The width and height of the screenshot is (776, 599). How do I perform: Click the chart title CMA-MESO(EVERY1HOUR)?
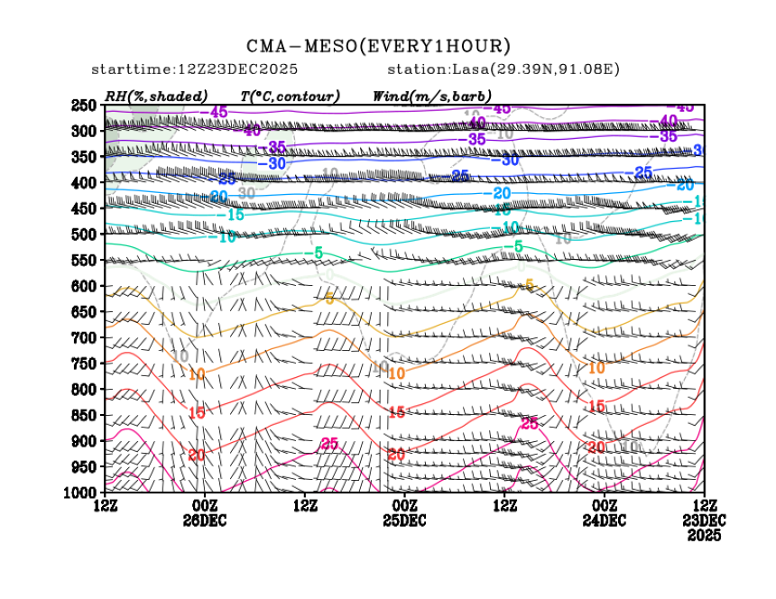pyautogui.click(x=378, y=46)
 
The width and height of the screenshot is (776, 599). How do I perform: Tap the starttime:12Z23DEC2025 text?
pyautogui.click(x=195, y=69)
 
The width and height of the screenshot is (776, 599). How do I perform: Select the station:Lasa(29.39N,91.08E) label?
pyautogui.click(x=503, y=69)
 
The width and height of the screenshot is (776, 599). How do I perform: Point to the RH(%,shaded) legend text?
pyautogui.click(x=156, y=96)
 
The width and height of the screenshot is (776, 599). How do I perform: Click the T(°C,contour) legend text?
pyautogui.click(x=290, y=96)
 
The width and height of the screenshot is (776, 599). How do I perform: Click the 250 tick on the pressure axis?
pyautogui.click(x=85, y=106)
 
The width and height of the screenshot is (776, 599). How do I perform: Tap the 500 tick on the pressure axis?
pyautogui.click(x=85, y=235)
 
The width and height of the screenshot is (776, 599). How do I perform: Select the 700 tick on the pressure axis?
pyautogui.click(x=85, y=338)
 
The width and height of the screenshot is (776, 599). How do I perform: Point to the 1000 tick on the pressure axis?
pyautogui.click(x=81, y=493)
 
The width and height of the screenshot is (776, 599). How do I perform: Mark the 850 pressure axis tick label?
pyautogui.click(x=85, y=415)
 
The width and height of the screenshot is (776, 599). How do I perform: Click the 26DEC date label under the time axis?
pyautogui.click(x=205, y=521)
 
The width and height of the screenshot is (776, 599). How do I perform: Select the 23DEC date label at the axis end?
pyautogui.click(x=704, y=521)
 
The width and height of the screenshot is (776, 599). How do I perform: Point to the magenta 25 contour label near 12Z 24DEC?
pyautogui.click(x=530, y=423)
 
